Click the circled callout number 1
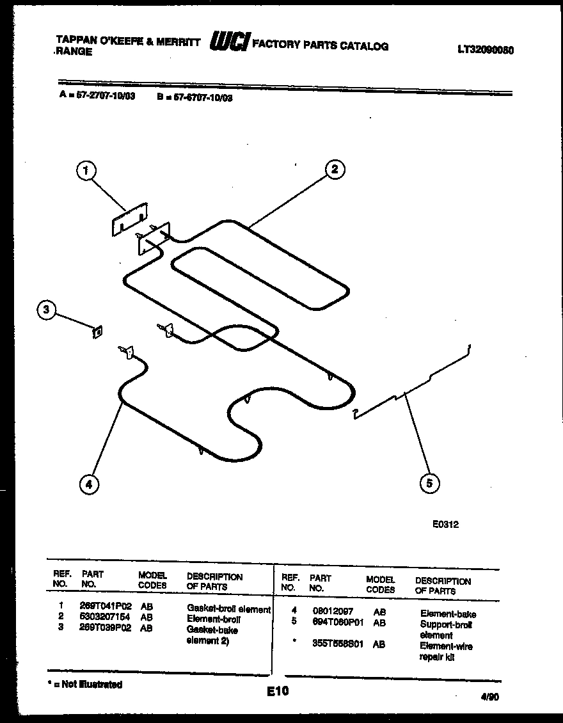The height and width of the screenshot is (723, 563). (86, 170)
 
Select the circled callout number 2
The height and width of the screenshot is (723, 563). (334, 170)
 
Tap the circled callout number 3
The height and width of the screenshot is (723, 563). (45, 310)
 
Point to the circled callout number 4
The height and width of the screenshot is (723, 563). (89, 484)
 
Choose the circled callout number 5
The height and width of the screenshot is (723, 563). (429, 483)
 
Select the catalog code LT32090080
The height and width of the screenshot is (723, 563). (486, 51)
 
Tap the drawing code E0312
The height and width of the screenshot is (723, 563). (445, 524)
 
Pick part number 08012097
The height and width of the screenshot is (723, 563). (333, 612)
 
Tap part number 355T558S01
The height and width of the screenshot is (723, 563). (337, 644)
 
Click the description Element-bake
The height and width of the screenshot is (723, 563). (448, 614)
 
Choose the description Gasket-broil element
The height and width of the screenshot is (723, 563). (228, 609)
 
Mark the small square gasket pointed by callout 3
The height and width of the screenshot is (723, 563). (98, 331)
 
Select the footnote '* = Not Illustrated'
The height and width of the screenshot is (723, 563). (85, 684)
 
